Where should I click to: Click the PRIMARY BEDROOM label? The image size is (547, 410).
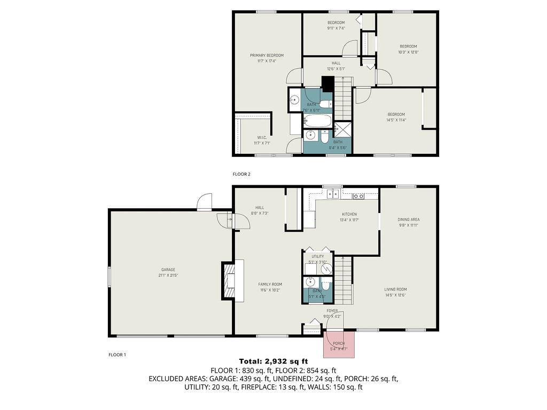(x=267, y=56)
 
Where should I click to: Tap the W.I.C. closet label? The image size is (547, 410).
(x=262, y=138)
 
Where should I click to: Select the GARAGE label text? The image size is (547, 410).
(x=169, y=270)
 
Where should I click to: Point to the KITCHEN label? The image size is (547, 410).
(x=349, y=214)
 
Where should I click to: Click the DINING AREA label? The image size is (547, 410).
(x=408, y=219)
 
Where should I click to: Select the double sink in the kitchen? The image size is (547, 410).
(x=333, y=194)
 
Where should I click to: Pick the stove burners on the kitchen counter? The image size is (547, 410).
(x=359, y=196)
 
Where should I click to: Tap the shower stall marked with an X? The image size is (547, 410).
(x=343, y=129)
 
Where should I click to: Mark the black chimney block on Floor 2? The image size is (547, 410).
(x=327, y=84)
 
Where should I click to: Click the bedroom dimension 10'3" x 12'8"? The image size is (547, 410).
(x=408, y=52)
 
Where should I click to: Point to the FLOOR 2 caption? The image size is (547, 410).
(x=241, y=174)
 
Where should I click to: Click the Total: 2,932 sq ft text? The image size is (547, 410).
(x=273, y=361)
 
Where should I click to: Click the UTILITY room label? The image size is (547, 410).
(x=318, y=257)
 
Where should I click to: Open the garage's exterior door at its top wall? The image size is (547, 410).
(x=205, y=202)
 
